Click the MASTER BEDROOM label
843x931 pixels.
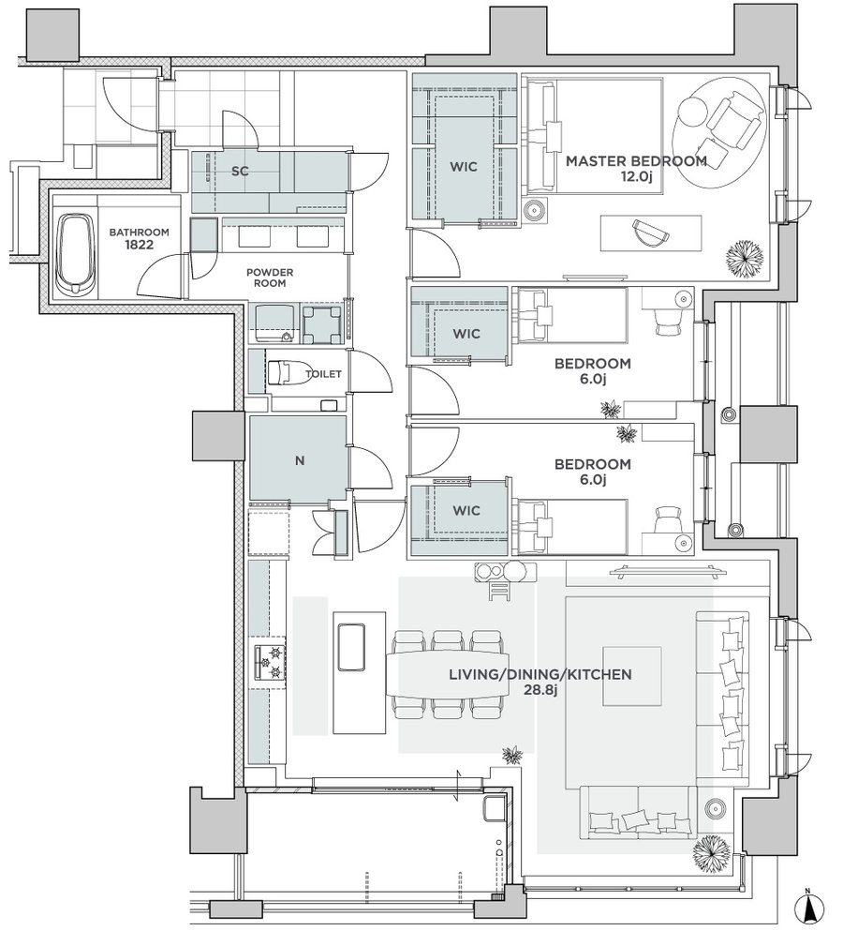tap(636, 161)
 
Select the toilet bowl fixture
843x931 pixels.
tap(283, 373)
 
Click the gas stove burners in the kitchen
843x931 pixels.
tap(270, 662)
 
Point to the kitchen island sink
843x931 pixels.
tap(351, 647)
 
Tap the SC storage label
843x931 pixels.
tap(240, 172)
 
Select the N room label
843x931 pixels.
tap(300, 460)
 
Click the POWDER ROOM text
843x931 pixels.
tap(270, 278)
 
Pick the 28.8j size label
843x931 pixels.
tap(540, 690)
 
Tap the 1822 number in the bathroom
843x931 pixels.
tap(139, 245)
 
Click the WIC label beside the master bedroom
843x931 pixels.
tap(464, 167)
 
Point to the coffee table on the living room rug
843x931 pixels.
tap(632, 676)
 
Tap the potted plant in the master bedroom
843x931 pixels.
tap(745, 258)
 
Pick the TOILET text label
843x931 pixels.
tap(323, 374)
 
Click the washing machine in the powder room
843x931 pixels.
tap(322, 324)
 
